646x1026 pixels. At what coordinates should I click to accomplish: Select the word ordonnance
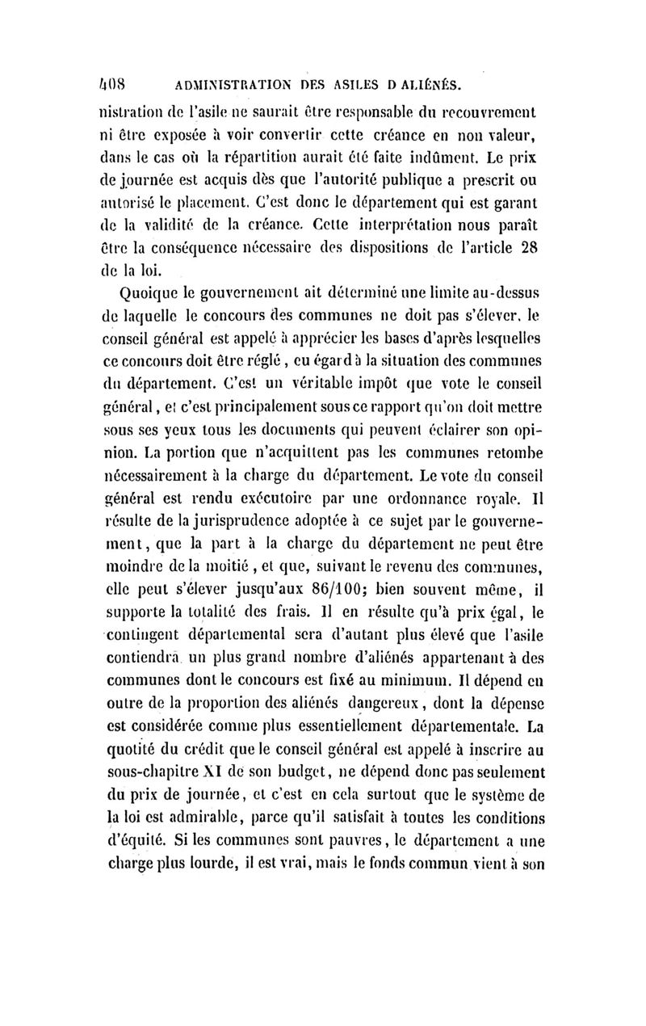coord(457,488)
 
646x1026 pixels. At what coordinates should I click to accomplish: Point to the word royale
coord(528,488)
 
